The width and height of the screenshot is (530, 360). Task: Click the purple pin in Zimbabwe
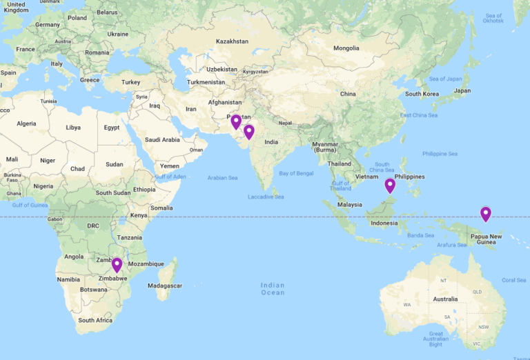pyautogui.click(x=117, y=264)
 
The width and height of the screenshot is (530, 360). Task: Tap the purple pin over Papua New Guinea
pyautogui.click(x=486, y=214)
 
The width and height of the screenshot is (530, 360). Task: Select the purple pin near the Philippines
pyautogui.click(x=390, y=185)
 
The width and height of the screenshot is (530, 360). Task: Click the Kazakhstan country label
pyautogui.click(x=232, y=41)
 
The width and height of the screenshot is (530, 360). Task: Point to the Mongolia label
pyautogui.click(x=346, y=48)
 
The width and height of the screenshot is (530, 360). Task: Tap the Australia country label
pyautogui.click(x=445, y=299)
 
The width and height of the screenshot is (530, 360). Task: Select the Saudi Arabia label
pyautogui.click(x=162, y=139)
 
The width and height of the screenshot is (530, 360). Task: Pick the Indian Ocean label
pyautogui.click(x=273, y=288)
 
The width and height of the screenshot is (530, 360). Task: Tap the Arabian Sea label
pyautogui.click(x=222, y=178)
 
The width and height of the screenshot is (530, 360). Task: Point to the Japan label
pyautogui.click(x=462, y=90)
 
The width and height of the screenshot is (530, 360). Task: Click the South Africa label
pyautogui.click(x=95, y=320)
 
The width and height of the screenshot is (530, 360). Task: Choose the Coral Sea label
pyautogui.click(x=513, y=280)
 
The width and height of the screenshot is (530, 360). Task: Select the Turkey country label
pyautogui.click(x=130, y=82)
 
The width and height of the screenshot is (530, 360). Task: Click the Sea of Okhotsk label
pyautogui.click(x=493, y=18)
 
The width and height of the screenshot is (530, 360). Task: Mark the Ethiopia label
pyautogui.click(x=144, y=189)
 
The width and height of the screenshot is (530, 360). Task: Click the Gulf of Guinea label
pyautogui.click(x=29, y=205)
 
